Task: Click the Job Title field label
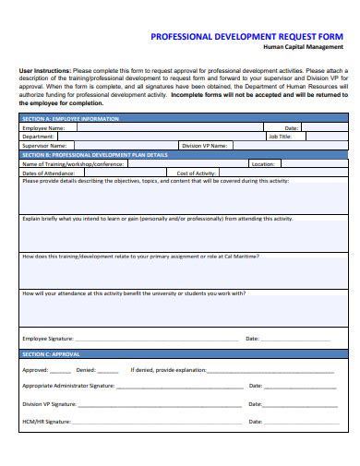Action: point(280,137)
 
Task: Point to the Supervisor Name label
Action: point(43,146)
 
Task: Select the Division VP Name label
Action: point(204,146)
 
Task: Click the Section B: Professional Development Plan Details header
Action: point(94,155)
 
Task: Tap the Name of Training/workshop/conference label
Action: point(73,164)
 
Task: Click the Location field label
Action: point(263,164)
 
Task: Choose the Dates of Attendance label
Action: point(48,173)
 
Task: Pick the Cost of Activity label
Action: point(196,173)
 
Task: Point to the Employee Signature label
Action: point(49,339)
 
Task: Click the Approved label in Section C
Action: point(35,370)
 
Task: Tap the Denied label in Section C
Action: point(86,370)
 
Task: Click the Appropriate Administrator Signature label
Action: point(68,387)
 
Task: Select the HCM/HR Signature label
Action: point(46,422)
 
